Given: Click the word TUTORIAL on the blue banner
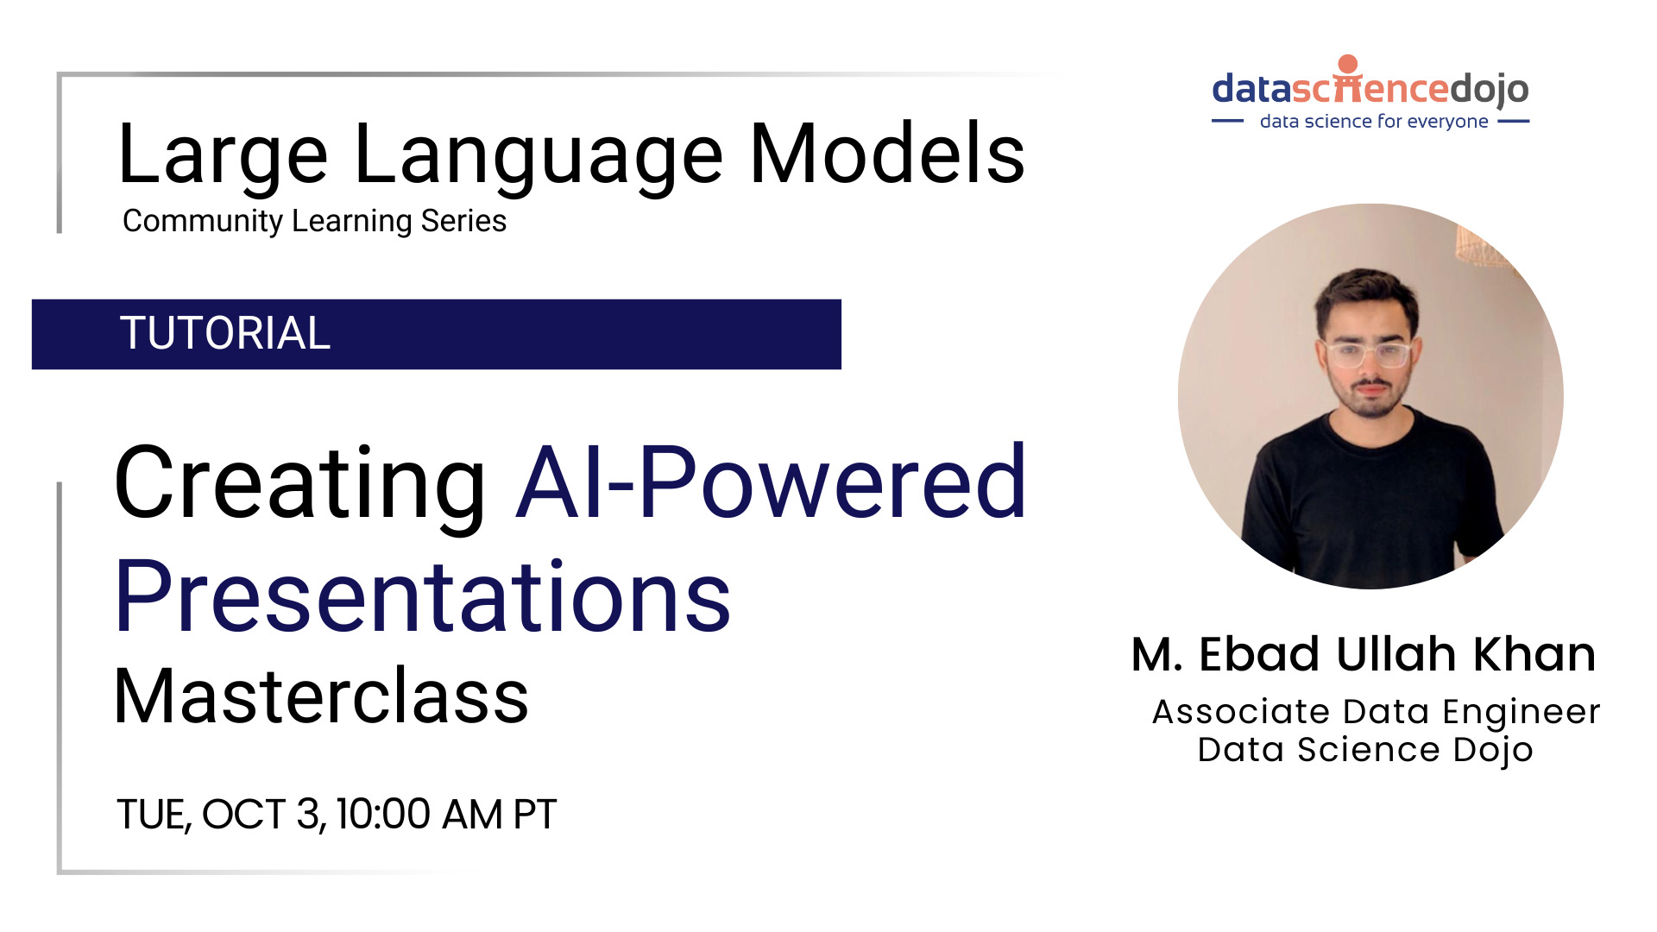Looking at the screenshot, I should (224, 334).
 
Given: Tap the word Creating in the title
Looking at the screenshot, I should (299, 483).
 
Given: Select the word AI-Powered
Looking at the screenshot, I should (771, 483).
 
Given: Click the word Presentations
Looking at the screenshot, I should (423, 597).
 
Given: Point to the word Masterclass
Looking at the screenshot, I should (321, 697).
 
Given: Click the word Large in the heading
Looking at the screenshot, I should (223, 155).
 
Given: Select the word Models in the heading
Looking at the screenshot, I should (887, 155).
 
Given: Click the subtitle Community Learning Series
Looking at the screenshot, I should (314, 222).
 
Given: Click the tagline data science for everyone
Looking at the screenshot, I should (1373, 122).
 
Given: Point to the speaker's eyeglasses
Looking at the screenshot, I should (1368, 355).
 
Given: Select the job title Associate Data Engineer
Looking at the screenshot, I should (1376, 712).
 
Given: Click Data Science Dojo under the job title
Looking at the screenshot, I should (1365, 750).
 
